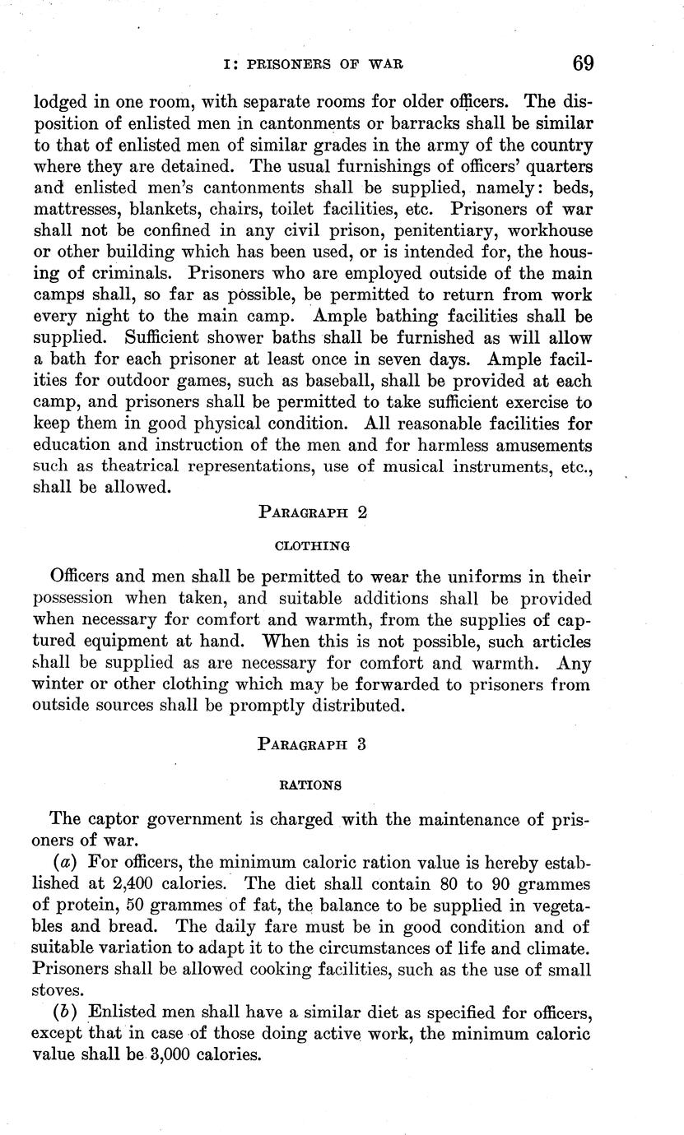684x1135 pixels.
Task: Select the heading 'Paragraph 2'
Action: click(312, 511)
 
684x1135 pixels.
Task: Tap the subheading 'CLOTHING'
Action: click(311, 544)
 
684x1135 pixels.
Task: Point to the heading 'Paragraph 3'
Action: click(312, 745)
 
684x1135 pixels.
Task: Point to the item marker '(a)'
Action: click(65, 862)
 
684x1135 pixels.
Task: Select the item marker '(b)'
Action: click(64, 1012)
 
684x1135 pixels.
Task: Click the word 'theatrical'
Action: click(144, 466)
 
